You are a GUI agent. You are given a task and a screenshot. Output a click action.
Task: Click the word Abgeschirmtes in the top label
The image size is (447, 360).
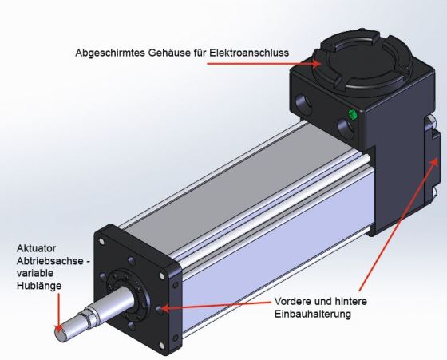[110, 53]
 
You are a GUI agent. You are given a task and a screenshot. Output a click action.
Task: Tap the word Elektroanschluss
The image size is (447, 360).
[249, 53]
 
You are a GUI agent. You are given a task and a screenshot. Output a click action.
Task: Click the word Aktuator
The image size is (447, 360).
[36, 248]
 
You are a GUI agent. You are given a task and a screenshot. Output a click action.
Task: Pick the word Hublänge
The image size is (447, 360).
[39, 286]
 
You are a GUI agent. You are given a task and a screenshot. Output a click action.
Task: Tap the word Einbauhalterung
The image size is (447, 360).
[312, 314]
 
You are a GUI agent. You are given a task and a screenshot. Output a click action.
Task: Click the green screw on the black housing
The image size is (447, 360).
[353, 115]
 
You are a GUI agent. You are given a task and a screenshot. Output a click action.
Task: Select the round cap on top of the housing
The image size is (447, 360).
[362, 63]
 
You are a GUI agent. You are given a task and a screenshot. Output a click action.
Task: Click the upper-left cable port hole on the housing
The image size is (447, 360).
[303, 105]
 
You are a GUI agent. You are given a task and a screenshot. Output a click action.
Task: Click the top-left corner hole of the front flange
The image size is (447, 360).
[101, 242]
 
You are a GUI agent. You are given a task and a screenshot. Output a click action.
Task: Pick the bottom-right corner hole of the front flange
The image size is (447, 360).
[161, 346]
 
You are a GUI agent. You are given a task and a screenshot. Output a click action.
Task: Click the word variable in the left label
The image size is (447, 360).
[35, 273]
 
